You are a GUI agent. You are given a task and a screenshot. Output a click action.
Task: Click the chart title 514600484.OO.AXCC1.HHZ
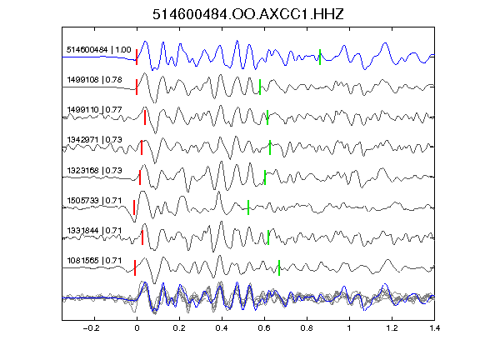tap(248, 14)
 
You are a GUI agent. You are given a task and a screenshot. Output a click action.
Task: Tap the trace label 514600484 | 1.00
tap(99, 50)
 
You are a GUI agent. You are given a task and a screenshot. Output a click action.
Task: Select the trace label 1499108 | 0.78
tap(95, 80)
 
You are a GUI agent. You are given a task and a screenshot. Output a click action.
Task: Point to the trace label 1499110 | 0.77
tap(95, 110)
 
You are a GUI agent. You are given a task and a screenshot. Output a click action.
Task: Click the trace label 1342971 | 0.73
tap(95, 140)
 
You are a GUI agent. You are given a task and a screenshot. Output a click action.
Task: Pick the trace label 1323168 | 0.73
tap(95, 171)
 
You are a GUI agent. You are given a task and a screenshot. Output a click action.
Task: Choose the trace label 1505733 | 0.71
tap(95, 201)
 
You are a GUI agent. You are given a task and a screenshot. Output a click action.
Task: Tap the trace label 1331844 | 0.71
tap(95, 231)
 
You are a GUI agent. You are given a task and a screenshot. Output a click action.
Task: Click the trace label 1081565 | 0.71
tap(95, 261)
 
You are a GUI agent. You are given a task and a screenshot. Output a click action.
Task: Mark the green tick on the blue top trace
tap(320, 57)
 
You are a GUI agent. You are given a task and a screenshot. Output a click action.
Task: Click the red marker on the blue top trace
tap(137, 57)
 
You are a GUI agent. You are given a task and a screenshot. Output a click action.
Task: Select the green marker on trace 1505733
tap(248, 207)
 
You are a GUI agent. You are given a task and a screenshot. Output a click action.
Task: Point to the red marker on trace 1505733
tap(134, 207)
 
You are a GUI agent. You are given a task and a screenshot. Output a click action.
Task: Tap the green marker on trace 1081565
tap(279, 267)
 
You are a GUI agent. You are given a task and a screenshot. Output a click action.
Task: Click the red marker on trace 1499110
tap(145, 117)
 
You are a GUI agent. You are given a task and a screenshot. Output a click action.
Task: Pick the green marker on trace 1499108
tap(260, 87)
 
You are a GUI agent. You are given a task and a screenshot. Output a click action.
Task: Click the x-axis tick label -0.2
tap(92, 328)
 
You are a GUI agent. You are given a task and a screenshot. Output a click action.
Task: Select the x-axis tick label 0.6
tap(264, 328)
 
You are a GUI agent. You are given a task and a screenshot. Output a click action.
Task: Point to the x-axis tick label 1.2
tap(392, 328)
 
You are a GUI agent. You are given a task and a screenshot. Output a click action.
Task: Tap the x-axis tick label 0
tap(137, 328)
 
